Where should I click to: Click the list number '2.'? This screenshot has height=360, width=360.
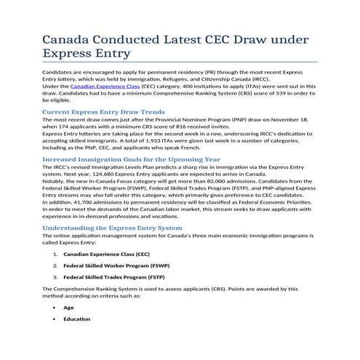(56, 265)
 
